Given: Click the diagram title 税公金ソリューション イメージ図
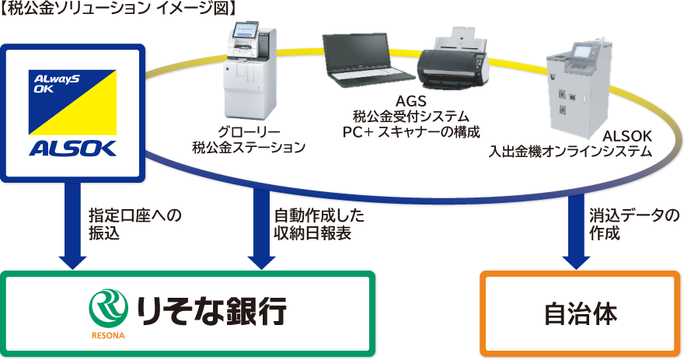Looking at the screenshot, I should tap(117, 10).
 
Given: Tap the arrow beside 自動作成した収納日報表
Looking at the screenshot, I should tap(257, 225).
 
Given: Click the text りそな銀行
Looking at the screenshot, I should tap(211, 309).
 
